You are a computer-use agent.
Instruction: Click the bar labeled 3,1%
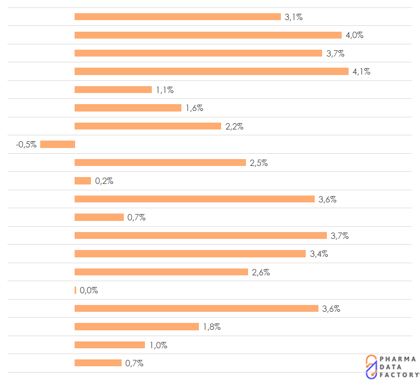(178, 16)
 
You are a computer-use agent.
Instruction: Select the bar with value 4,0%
(208, 35)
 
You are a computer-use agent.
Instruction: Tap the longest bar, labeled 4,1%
(212, 71)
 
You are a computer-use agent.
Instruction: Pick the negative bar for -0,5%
(58, 144)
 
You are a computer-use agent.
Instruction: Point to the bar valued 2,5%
(160, 162)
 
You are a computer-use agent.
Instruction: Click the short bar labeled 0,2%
(83, 181)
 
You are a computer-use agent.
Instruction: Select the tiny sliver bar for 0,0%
(75, 290)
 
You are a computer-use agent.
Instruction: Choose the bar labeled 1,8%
(136, 327)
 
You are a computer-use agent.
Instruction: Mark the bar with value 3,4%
(190, 254)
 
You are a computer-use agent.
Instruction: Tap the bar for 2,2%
(148, 126)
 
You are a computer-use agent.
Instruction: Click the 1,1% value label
(165, 90)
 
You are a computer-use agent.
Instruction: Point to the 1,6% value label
(195, 108)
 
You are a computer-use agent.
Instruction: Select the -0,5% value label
(26, 144)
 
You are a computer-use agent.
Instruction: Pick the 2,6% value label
(261, 272)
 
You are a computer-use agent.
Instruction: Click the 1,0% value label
(158, 345)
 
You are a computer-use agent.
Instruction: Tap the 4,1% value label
(362, 71)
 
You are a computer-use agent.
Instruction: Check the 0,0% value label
(89, 290)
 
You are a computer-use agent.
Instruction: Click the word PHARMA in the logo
(398, 359)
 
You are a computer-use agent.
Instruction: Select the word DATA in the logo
(390, 367)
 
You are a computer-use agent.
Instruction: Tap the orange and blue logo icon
(371, 367)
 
